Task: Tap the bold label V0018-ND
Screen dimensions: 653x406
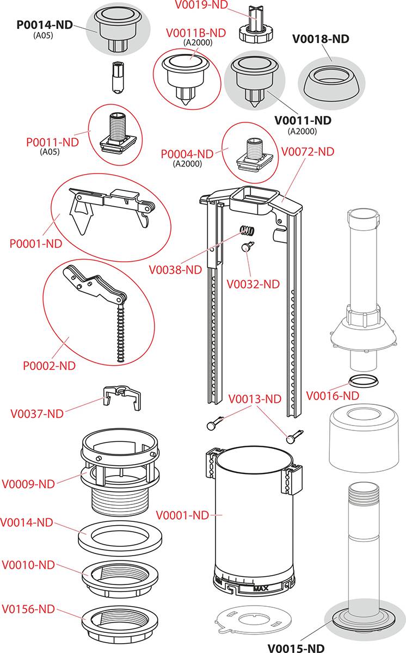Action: coord(321,39)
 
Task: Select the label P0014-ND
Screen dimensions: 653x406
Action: coord(45,26)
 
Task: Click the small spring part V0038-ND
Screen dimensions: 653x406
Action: coord(248,231)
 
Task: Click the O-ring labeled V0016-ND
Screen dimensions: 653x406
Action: coord(362,379)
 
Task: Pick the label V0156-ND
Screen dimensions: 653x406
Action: coord(28,609)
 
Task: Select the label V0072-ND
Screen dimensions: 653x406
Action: coord(307,152)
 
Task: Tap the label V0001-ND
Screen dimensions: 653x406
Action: coord(182,515)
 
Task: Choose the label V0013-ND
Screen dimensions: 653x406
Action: coord(255,399)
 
